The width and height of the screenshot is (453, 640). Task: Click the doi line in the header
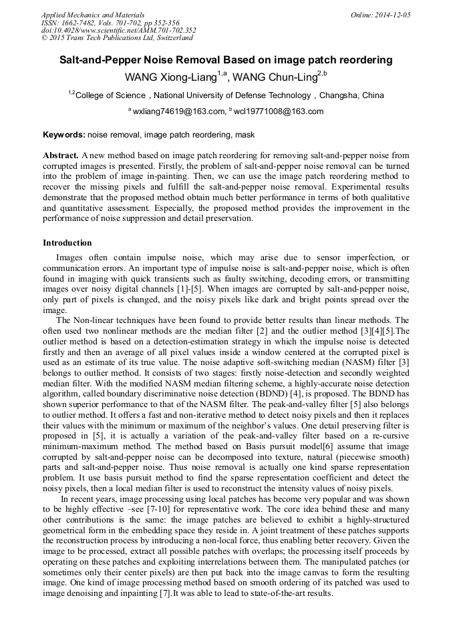(x=118, y=30)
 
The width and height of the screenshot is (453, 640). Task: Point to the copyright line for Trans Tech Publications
(x=117, y=38)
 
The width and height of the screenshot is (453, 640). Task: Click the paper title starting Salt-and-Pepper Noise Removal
(x=226, y=60)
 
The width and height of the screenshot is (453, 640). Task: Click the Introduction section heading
(x=67, y=243)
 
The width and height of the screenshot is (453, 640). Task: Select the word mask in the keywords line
(x=245, y=135)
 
